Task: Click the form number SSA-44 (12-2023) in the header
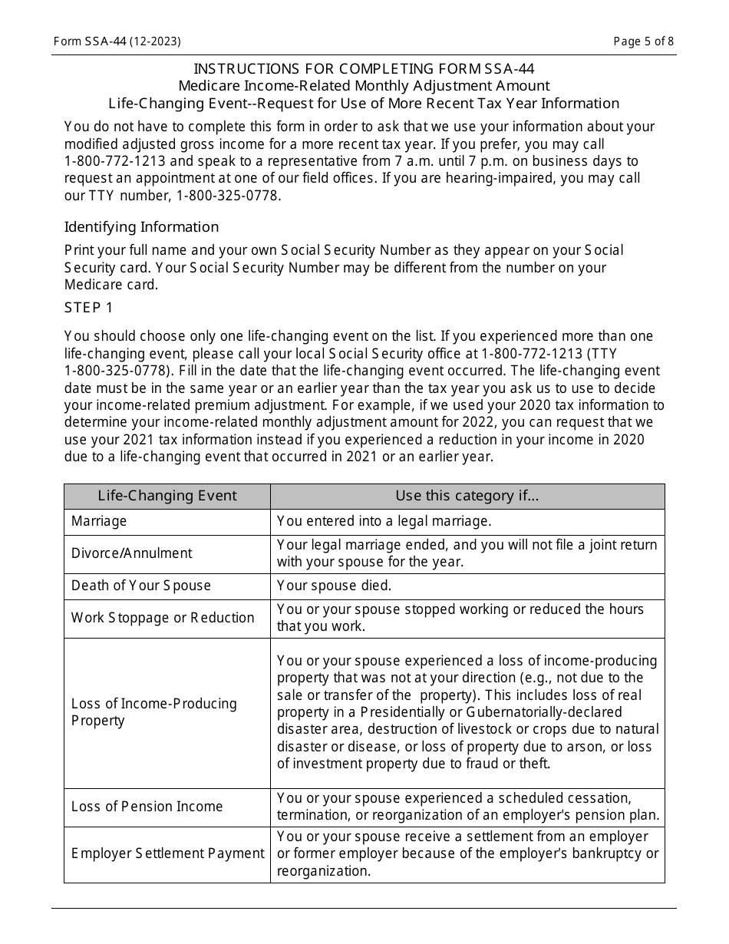click(117, 41)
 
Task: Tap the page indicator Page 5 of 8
click(644, 41)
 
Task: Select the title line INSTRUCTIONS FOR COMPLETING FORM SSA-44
click(364, 68)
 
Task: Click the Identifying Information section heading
click(141, 227)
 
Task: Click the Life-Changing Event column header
click(167, 496)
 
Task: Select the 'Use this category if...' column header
click(467, 496)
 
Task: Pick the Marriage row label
click(99, 521)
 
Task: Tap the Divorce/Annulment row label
click(131, 553)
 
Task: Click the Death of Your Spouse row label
click(140, 586)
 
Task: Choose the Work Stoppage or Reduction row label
click(163, 618)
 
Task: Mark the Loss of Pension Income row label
click(147, 807)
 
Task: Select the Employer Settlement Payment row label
click(167, 853)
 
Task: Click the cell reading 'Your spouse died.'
click(334, 586)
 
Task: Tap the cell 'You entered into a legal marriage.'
click(384, 521)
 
